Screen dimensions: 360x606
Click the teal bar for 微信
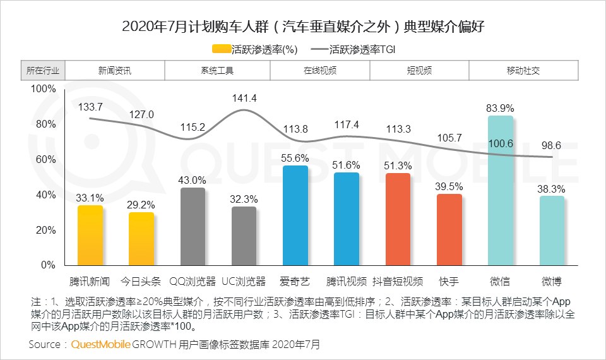tap(501, 189)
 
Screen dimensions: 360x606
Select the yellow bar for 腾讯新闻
tap(90, 235)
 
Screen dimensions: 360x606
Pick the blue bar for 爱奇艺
tap(295, 215)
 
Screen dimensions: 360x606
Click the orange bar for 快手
tap(449, 229)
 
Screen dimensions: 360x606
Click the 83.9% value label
tap(500, 108)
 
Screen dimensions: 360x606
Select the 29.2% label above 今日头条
tap(141, 205)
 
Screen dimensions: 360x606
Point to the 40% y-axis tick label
tap(45, 195)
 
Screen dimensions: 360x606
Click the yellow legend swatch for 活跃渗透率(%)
tap(222, 49)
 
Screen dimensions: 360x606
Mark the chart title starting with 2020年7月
tap(303, 27)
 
